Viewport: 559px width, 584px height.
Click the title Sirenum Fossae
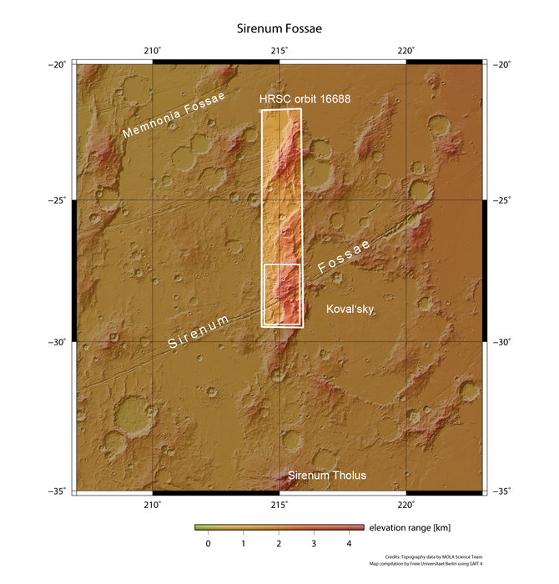(279, 28)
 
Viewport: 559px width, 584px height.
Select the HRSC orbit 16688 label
(304, 99)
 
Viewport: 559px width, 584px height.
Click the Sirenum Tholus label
(326, 476)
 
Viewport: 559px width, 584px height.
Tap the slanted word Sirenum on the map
(199, 333)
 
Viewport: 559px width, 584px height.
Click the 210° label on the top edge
(153, 51)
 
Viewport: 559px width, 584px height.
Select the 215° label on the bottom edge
(279, 504)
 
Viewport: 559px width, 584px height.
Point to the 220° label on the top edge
(406, 51)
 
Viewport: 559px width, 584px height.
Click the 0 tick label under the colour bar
(208, 543)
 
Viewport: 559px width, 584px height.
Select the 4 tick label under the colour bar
(349, 543)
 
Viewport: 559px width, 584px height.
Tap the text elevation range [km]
(411, 528)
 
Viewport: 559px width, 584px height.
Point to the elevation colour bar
(279, 527)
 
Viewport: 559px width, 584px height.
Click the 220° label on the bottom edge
(406, 504)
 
